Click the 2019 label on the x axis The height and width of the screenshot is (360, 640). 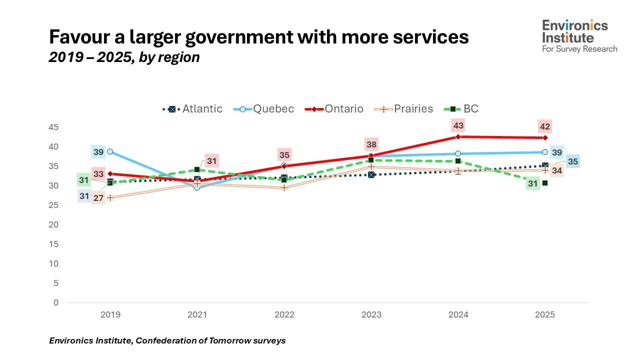110,315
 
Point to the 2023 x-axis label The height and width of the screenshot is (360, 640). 371,315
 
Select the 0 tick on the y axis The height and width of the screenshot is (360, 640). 56,302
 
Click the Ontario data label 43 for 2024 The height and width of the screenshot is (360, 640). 458,125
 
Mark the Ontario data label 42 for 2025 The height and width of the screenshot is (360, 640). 545,126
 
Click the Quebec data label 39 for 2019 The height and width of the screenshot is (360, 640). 98,151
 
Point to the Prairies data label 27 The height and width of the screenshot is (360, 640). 98,198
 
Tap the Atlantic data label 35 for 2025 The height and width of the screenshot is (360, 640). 572,161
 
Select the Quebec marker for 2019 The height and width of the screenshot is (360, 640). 110,151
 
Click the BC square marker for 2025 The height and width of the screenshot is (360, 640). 545,183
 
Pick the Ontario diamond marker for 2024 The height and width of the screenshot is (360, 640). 458,136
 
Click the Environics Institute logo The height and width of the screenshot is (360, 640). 579,35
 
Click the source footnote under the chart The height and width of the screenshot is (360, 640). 167,340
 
